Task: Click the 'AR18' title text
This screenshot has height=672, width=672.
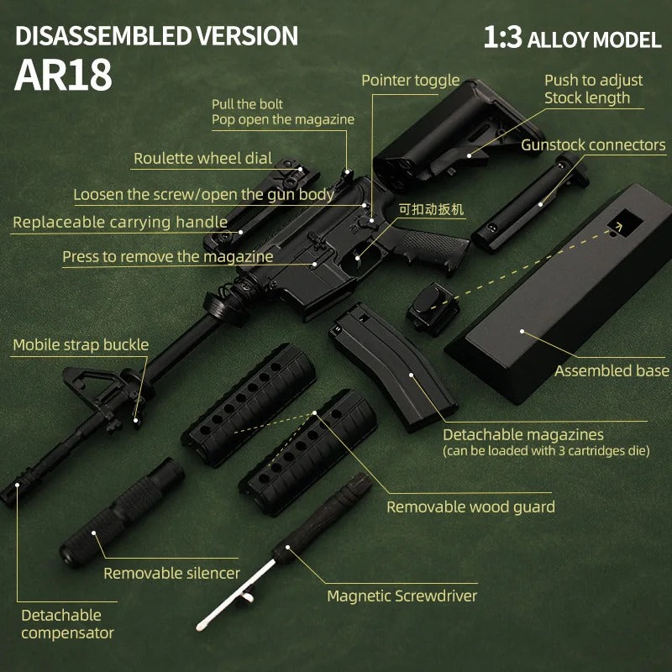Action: point(63,76)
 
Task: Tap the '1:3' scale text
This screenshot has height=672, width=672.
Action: point(501,38)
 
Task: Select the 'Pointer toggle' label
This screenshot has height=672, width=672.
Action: point(410,81)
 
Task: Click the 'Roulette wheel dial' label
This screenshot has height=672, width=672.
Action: point(202,159)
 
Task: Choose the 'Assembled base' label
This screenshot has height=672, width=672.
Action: point(612,370)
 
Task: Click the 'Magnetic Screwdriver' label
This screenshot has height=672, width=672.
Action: point(402,596)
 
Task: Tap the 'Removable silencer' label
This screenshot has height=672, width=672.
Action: point(171,573)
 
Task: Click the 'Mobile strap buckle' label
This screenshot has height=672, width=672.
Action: point(81,345)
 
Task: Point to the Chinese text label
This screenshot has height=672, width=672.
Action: point(431,208)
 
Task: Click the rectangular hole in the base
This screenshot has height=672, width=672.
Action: point(623,223)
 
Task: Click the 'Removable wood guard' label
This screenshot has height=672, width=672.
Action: point(470,507)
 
